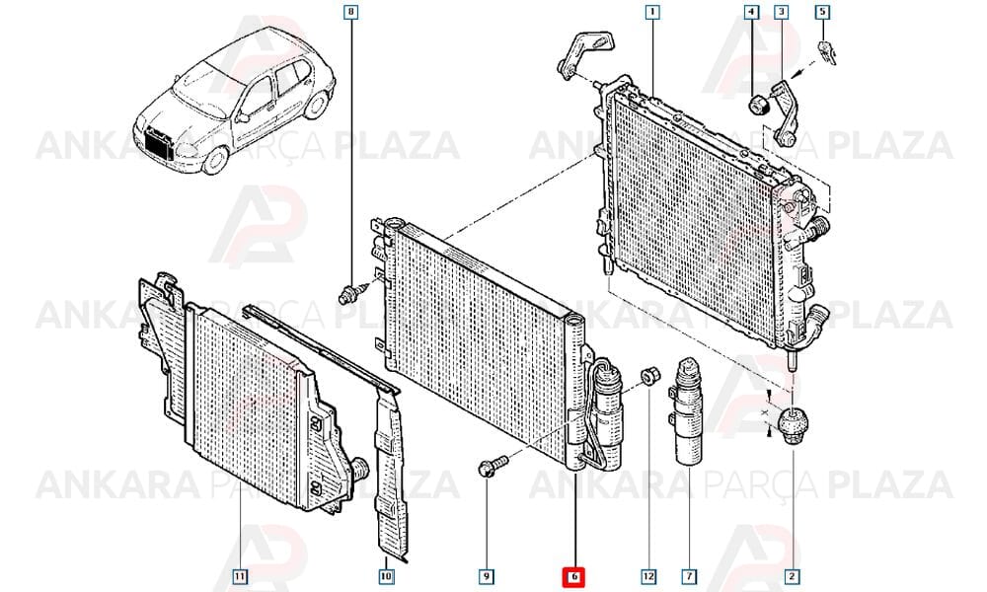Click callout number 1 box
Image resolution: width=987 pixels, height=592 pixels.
click(x=652, y=11)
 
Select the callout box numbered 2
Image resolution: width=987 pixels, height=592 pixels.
click(x=792, y=575)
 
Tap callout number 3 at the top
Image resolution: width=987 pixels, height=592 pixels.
click(x=781, y=11)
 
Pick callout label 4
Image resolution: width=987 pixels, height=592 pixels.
click(x=751, y=11)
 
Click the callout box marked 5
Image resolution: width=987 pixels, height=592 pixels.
click(x=823, y=11)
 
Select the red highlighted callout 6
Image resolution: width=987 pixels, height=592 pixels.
click(x=573, y=575)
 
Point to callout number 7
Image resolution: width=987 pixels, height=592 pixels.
click(x=689, y=575)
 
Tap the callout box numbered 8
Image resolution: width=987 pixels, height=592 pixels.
click(x=351, y=11)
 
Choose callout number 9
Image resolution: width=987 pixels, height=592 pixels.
click(x=486, y=575)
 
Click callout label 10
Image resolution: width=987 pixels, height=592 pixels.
click(x=386, y=575)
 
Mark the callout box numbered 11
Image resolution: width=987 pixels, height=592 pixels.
click(x=239, y=575)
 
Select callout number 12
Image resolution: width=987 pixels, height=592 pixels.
click(x=648, y=575)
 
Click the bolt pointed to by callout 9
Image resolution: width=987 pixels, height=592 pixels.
click(x=492, y=466)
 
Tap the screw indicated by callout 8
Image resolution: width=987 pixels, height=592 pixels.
click(x=352, y=292)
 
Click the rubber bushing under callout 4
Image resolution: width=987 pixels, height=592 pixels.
click(x=758, y=105)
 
